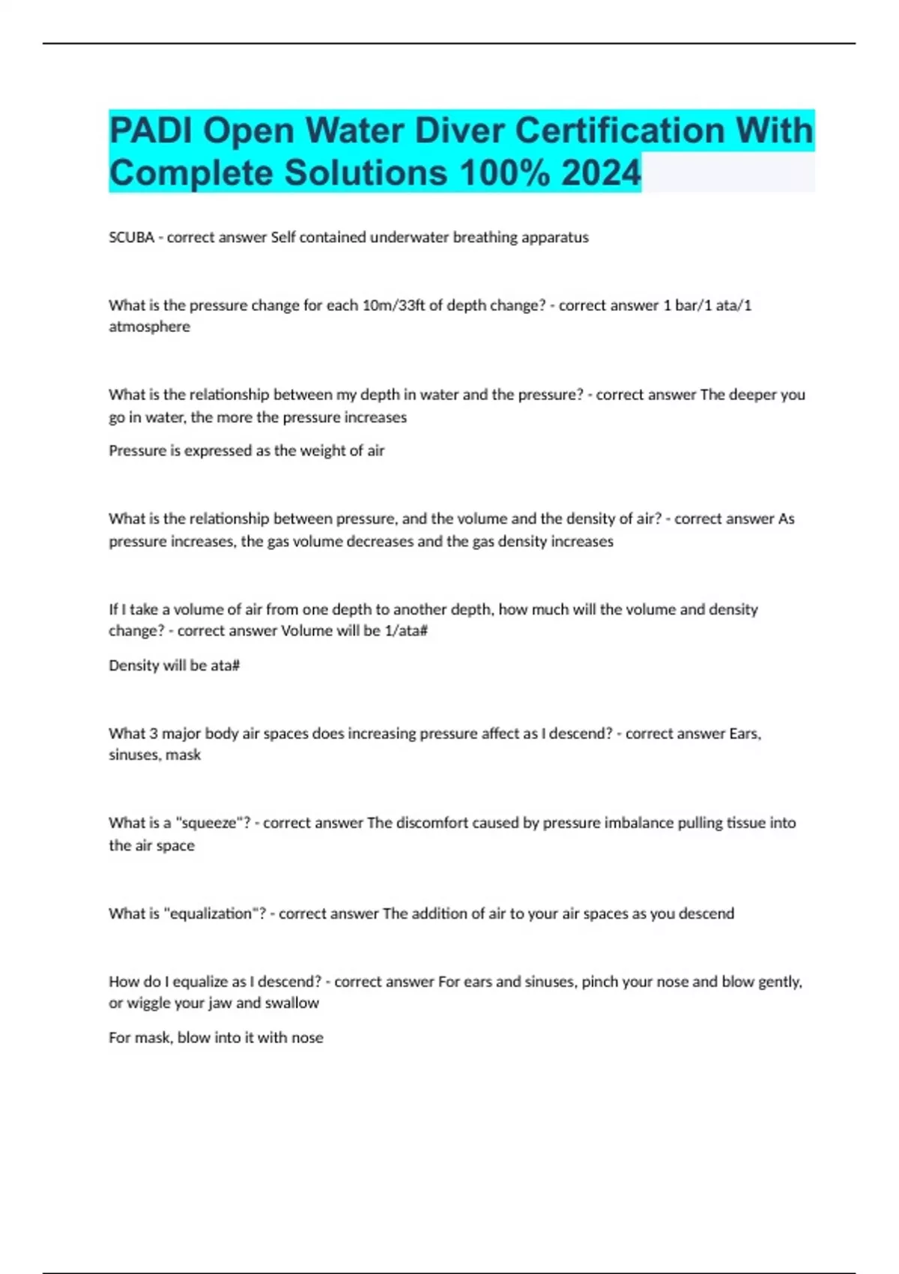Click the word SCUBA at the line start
(x=131, y=238)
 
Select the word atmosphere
(x=149, y=327)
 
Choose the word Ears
(x=745, y=734)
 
